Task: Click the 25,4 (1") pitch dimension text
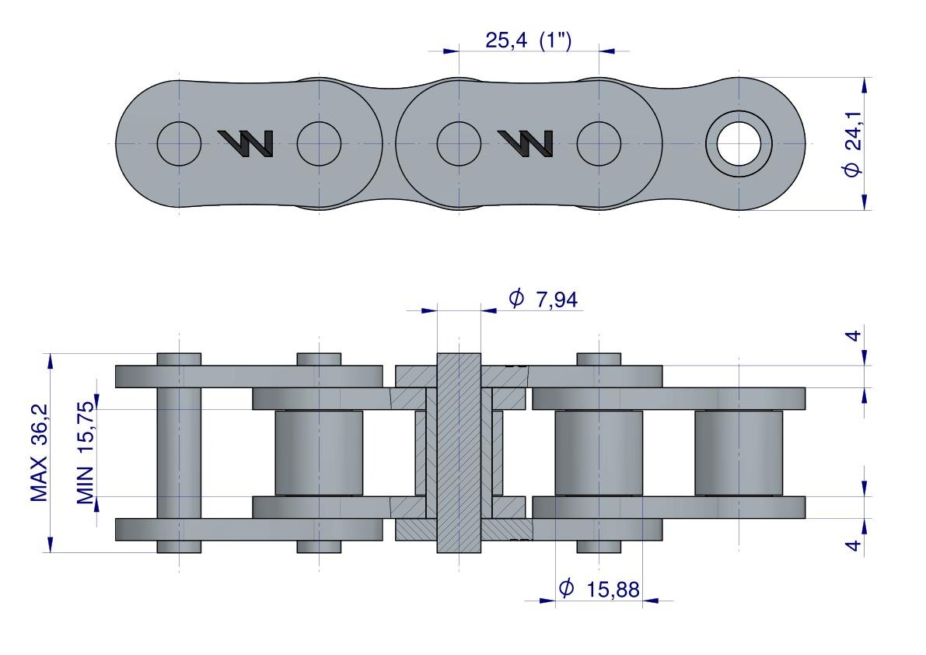(x=529, y=40)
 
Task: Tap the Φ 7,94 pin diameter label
(x=543, y=299)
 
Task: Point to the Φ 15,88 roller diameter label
(x=599, y=589)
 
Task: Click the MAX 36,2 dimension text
(x=39, y=453)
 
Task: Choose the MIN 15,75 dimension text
(x=86, y=453)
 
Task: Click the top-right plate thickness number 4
(x=854, y=336)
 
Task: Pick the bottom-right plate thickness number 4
(x=854, y=545)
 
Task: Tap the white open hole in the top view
(x=739, y=143)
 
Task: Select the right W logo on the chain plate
(x=526, y=143)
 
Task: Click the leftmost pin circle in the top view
(x=179, y=143)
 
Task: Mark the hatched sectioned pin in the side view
(x=459, y=453)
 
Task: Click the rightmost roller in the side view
(x=739, y=453)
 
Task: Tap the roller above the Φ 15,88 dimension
(x=599, y=453)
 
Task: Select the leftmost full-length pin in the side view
(x=179, y=453)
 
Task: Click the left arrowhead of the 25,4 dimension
(x=451, y=51)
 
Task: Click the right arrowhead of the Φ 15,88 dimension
(x=651, y=601)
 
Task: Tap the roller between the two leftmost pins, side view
(x=319, y=453)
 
